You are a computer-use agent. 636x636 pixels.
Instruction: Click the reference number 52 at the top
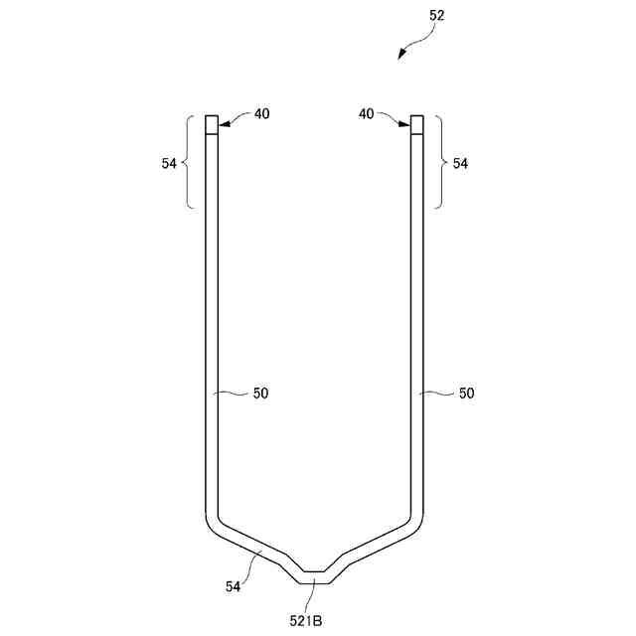click(437, 16)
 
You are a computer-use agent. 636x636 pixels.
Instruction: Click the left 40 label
click(261, 114)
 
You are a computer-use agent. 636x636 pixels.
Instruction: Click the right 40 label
click(366, 114)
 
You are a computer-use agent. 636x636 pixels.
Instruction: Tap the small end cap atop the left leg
click(212, 124)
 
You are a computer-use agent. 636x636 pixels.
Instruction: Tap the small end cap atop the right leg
click(417, 124)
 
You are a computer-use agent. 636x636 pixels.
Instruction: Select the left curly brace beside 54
click(188, 162)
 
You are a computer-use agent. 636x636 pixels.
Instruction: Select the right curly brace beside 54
click(440, 162)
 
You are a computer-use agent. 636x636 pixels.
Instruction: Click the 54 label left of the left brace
click(169, 163)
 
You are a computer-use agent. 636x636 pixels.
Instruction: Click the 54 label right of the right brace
click(460, 163)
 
